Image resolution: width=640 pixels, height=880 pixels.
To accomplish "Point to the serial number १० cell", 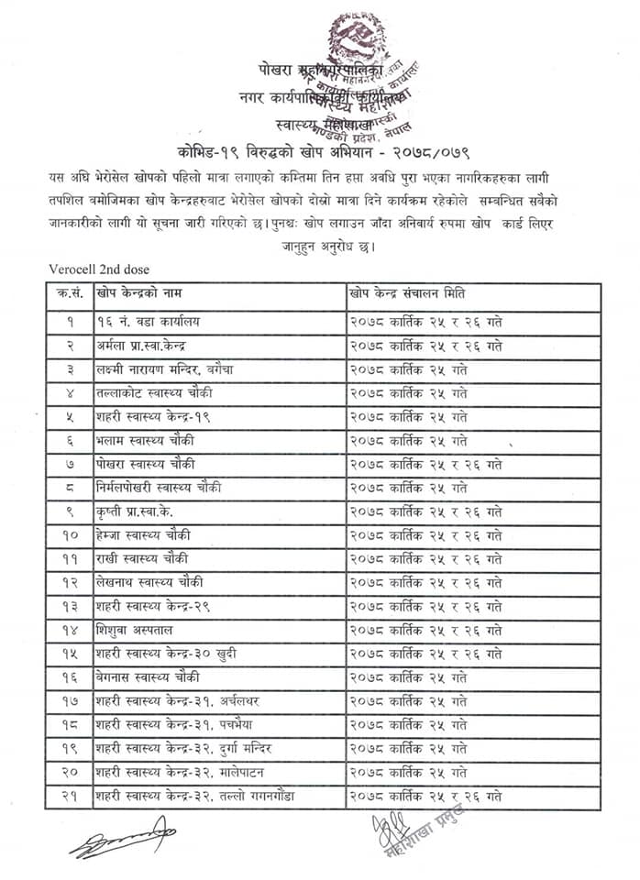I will pos(71,534).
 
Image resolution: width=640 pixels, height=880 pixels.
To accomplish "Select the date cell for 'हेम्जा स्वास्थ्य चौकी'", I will pos(425,534).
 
